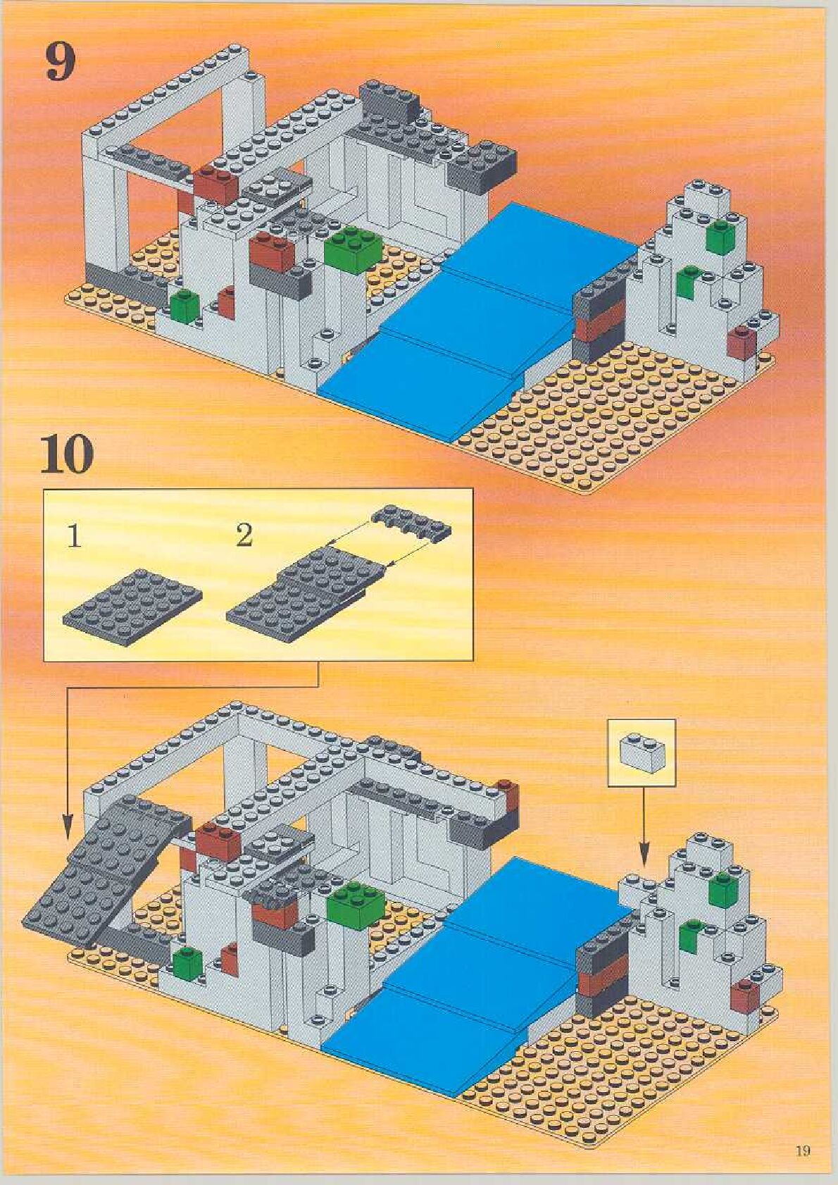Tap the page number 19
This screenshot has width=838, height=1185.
point(803,1150)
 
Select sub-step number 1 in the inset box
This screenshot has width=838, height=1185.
point(75,537)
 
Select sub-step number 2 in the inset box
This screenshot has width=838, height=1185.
point(244,536)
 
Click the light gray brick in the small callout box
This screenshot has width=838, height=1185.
point(640,752)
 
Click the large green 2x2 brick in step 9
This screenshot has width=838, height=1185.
point(354,248)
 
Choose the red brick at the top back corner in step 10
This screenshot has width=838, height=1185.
point(507,793)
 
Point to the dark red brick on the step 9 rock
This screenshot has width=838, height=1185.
point(741,343)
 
